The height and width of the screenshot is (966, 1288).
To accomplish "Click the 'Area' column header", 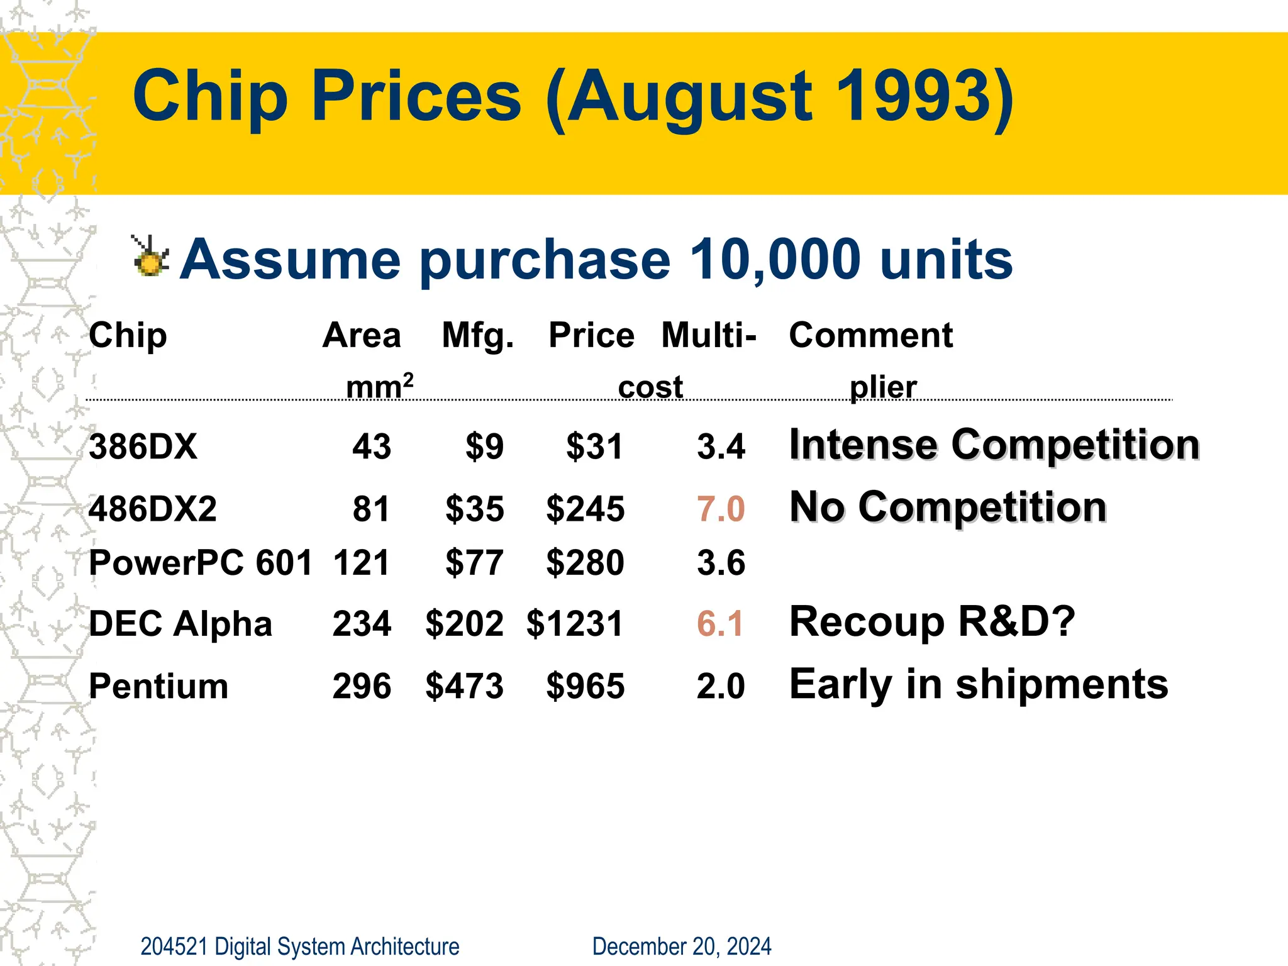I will (x=361, y=335).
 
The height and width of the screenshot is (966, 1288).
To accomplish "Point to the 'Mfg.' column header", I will (x=477, y=335).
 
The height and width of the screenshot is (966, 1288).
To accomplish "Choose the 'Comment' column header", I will (x=870, y=335).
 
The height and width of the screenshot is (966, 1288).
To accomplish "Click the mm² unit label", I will (x=379, y=386).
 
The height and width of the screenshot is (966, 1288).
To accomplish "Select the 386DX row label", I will (x=143, y=447).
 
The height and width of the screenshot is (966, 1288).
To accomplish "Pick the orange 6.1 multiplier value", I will (x=720, y=623).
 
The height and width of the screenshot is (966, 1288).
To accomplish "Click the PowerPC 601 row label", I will (x=200, y=562).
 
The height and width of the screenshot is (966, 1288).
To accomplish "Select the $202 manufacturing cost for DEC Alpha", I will (x=464, y=623).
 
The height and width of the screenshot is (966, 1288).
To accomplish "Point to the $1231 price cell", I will (x=574, y=623).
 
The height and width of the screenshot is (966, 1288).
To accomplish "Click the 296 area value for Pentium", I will (x=362, y=686).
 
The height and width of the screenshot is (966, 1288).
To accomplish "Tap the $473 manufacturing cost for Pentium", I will (x=464, y=686).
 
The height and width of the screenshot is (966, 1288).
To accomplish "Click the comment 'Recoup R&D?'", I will (x=932, y=621).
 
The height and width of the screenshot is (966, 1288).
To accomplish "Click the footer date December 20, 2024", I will (x=681, y=946).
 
